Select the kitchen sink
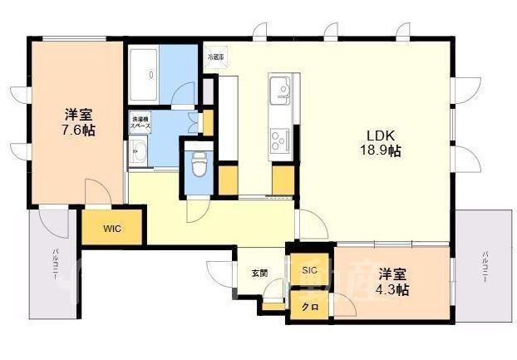pyautogui.click(x=279, y=86)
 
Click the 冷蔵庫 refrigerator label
pyautogui.click(x=216, y=57)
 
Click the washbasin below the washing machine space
pyautogui.click(x=138, y=151)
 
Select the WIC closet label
pyautogui.click(x=111, y=229)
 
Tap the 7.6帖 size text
pyautogui.click(x=76, y=131)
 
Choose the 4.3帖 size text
pyautogui.click(x=391, y=289)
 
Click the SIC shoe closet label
pyautogui.click(x=310, y=270)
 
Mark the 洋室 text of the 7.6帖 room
pyautogui.click(x=77, y=115)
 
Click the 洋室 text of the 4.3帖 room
pyautogui.click(x=391, y=274)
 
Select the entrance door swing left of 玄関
pyautogui.click(x=218, y=274)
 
